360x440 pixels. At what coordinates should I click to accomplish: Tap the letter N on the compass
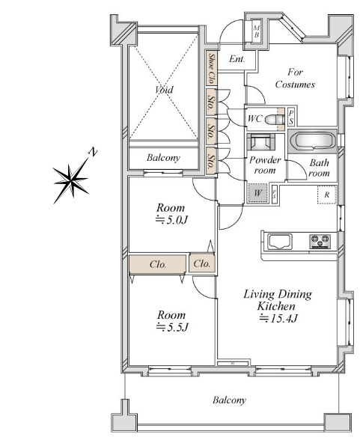[93, 152]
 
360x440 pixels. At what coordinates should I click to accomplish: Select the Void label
[164, 90]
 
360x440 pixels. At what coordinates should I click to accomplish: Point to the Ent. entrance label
[237, 59]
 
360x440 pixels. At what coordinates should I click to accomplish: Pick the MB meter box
[257, 31]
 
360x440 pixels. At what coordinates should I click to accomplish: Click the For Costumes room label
[295, 79]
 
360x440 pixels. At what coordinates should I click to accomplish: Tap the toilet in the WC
[272, 119]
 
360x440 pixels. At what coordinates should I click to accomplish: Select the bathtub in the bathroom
[312, 141]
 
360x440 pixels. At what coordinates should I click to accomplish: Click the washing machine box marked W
[257, 193]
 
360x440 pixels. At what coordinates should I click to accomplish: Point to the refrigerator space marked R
[326, 195]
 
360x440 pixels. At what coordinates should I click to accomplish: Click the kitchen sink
[279, 241]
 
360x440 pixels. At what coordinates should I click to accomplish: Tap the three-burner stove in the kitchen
[320, 242]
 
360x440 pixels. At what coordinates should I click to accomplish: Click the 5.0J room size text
[171, 220]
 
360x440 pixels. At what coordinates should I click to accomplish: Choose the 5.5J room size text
[172, 327]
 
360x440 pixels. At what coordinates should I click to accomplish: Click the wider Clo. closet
[157, 263]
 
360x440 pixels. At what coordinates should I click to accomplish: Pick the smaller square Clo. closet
[202, 263]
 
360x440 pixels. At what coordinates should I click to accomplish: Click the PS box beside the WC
[291, 117]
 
